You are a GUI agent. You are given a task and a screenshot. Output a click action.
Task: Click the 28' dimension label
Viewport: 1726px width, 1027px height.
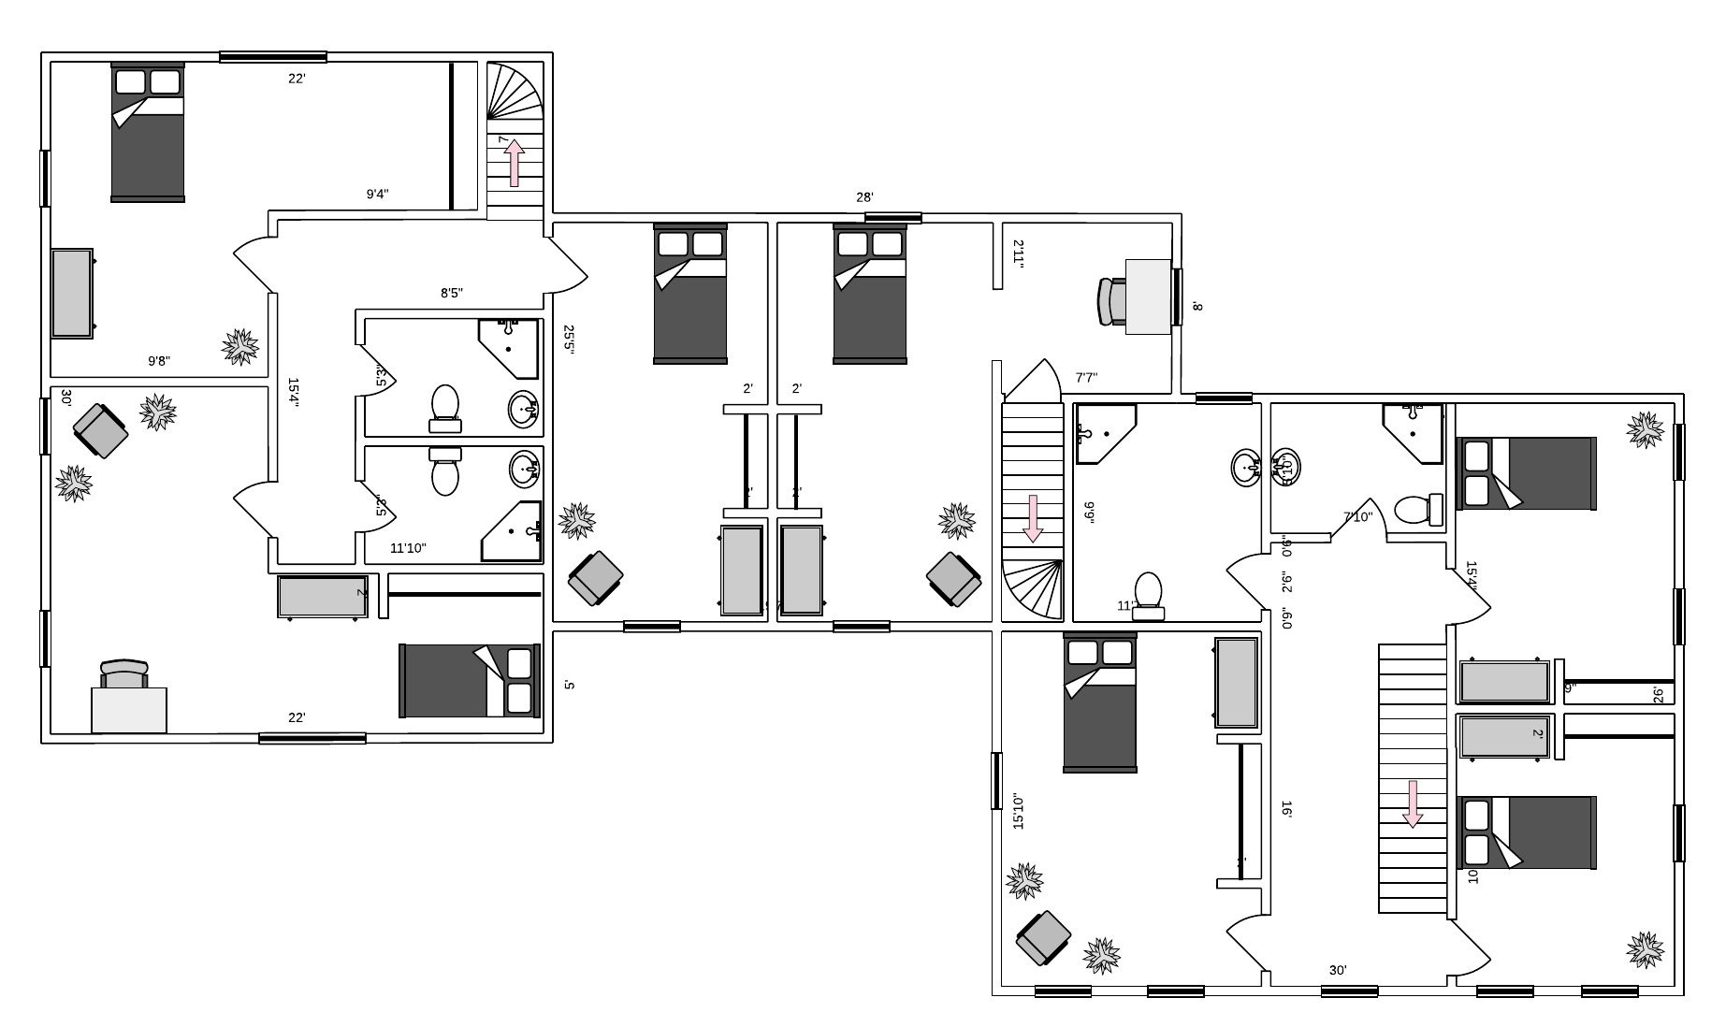pyautogui.click(x=864, y=197)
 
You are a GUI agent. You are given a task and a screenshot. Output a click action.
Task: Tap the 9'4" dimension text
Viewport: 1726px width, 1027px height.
pyautogui.click(x=377, y=195)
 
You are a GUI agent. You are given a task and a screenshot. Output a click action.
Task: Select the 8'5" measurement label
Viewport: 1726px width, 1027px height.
pyautogui.click(x=452, y=293)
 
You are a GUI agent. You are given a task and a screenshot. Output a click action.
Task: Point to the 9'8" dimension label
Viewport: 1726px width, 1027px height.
pyautogui.click(x=159, y=361)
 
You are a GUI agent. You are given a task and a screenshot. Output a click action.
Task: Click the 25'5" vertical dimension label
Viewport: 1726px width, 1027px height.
pyautogui.click(x=569, y=338)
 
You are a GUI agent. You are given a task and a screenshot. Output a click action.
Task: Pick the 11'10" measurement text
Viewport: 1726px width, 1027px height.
pyautogui.click(x=408, y=548)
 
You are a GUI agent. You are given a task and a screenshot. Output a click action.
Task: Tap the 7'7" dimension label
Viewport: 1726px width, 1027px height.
pyautogui.click(x=1086, y=378)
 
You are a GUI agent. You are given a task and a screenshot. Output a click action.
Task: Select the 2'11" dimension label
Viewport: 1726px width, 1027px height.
pyautogui.click(x=1019, y=253)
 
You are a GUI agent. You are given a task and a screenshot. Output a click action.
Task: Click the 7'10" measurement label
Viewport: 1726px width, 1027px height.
pyautogui.click(x=1357, y=516)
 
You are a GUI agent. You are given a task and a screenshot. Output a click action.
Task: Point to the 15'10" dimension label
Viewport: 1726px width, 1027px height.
pyautogui.click(x=1019, y=812)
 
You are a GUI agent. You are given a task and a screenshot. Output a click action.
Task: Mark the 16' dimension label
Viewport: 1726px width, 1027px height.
pyautogui.click(x=1287, y=809)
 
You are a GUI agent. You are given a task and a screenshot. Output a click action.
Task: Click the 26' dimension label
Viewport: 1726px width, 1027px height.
pyautogui.click(x=1658, y=695)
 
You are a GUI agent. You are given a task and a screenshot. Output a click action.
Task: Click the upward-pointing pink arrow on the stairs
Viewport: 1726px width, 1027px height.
pyautogui.click(x=514, y=163)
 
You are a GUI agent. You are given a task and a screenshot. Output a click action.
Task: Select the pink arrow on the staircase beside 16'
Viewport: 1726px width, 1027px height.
pyautogui.click(x=1413, y=803)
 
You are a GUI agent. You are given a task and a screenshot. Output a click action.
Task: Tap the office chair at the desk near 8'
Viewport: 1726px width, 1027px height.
pyautogui.click(x=1110, y=301)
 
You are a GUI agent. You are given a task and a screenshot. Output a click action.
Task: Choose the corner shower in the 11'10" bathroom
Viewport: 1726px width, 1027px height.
pyautogui.click(x=513, y=531)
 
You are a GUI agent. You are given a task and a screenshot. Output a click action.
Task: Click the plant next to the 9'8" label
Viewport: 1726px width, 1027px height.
pyautogui.click(x=240, y=346)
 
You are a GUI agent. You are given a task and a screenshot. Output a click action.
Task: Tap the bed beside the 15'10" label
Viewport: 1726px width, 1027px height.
pyautogui.click(x=1099, y=702)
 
